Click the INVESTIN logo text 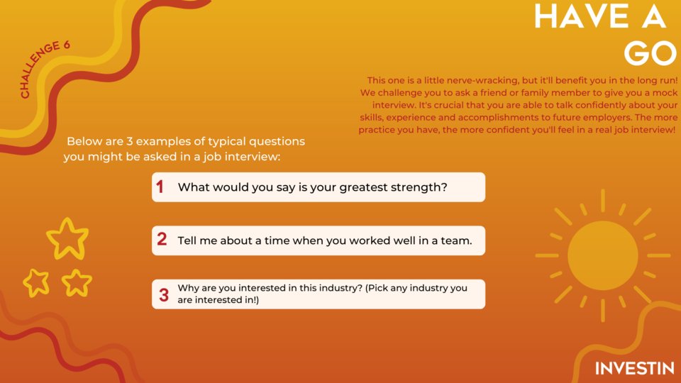click(634, 369)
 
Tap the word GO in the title click(650, 53)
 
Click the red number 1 click(160, 187)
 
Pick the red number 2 click(162, 240)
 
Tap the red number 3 click(164, 294)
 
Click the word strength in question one click(419, 188)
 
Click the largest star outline click(67, 238)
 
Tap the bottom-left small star click(35, 282)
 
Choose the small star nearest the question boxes click(77, 282)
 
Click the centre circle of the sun click(602, 255)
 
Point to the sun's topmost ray click(602, 200)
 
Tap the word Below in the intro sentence click(82, 142)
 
